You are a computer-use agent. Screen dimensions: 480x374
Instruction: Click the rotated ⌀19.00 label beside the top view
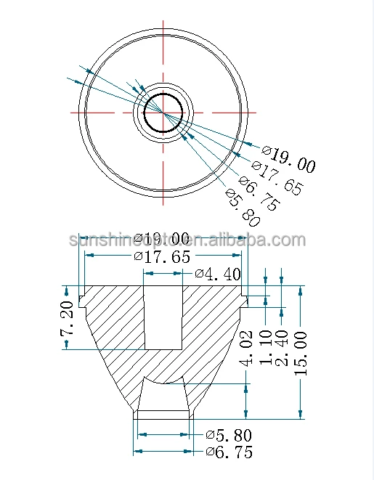click(288, 160)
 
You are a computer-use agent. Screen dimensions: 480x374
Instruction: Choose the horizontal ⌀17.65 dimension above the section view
click(162, 256)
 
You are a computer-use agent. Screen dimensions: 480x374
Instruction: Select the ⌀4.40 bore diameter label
click(216, 274)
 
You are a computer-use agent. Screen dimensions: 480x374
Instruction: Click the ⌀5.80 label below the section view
click(228, 436)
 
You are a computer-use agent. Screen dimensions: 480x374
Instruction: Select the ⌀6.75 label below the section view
click(228, 452)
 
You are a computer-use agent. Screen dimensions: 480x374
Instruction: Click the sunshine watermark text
click(186, 240)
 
